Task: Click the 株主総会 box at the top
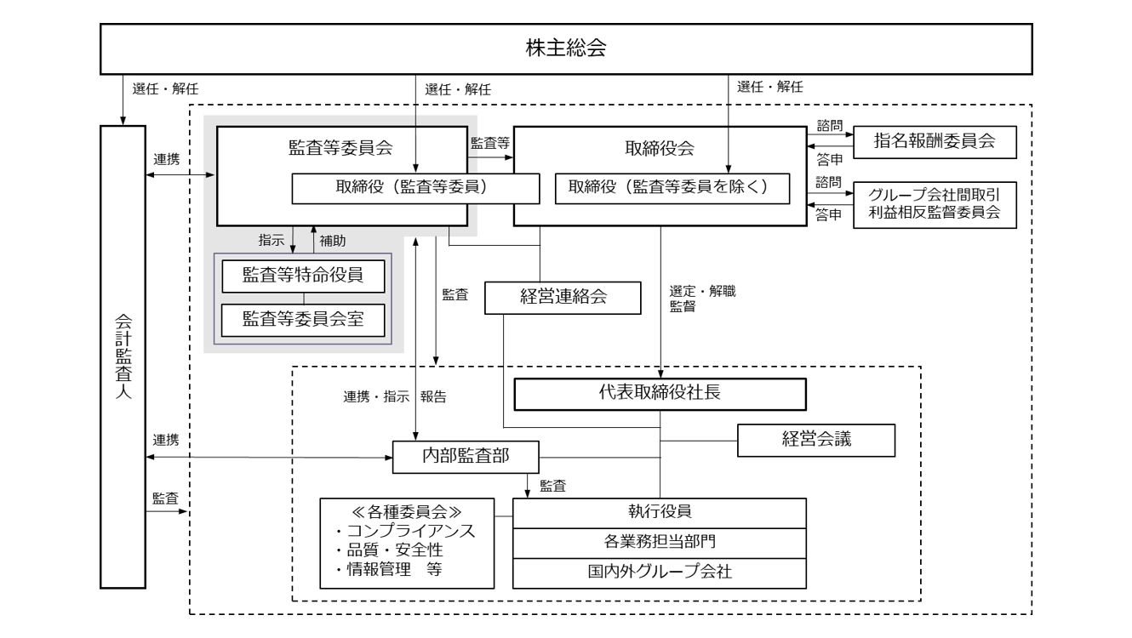coord(565,48)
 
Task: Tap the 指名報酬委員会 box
coord(935,142)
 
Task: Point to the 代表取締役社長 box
coord(660,393)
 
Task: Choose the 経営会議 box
coord(815,440)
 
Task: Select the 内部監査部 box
coord(466,457)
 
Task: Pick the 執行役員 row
coord(659,513)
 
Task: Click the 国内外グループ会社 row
coord(659,572)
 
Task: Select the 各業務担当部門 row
coord(659,542)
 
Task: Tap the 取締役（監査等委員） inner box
coord(416,189)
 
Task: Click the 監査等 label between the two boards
coord(489,145)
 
